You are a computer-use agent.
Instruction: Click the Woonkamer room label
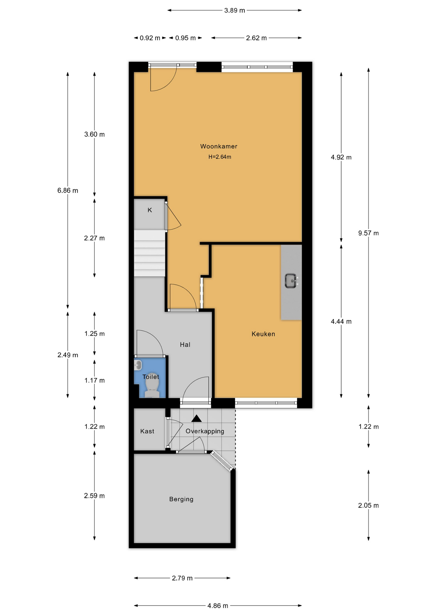219,146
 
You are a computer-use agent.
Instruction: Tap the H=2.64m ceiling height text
220,157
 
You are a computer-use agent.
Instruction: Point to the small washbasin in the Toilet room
138,365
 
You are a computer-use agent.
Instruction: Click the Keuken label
263,334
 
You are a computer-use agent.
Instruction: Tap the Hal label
185,345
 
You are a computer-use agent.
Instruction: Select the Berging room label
181,499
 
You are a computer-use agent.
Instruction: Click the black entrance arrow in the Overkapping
196,418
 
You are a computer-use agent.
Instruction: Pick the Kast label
147,431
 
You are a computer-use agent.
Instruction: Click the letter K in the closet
150,210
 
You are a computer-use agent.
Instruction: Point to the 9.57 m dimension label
369,233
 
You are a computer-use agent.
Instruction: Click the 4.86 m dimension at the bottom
218,606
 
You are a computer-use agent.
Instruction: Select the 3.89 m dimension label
234,10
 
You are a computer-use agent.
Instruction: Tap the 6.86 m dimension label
68,191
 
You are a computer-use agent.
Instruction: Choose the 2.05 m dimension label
369,506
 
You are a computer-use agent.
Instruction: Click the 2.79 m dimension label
182,578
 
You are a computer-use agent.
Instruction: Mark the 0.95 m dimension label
185,38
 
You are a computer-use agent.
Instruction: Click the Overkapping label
205,431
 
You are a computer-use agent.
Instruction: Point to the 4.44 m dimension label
341,321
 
